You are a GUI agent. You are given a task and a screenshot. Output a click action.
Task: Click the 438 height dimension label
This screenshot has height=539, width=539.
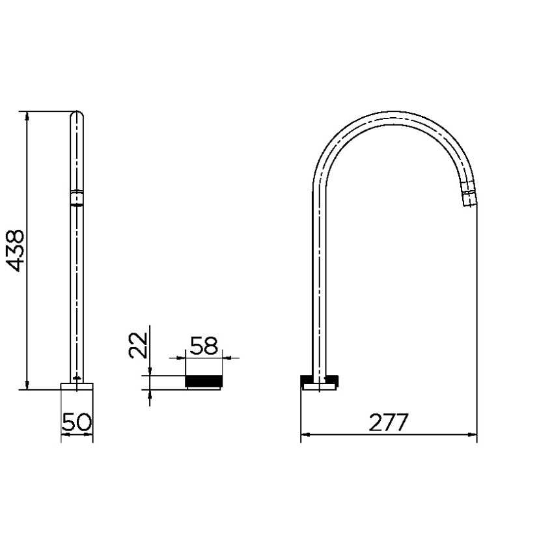pyautogui.click(x=16, y=251)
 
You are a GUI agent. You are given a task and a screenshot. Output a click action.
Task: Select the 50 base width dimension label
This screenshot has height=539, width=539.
pyautogui.click(x=77, y=422)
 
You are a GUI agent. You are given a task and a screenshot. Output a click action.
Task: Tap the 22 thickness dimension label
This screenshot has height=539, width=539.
pyautogui.click(x=138, y=345)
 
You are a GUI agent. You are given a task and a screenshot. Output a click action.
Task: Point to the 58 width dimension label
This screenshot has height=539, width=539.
pyautogui.click(x=204, y=346)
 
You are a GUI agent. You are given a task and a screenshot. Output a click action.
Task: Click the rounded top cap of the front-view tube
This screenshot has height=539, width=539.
pyautogui.click(x=77, y=115)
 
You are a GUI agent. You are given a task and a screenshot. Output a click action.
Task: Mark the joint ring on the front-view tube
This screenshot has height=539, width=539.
pyautogui.click(x=77, y=198)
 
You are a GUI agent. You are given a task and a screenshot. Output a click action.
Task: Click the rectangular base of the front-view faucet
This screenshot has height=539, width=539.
pyautogui.click(x=77, y=387)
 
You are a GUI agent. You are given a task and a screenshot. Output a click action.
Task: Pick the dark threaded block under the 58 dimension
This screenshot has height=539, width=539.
pyautogui.click(x=204, y=381)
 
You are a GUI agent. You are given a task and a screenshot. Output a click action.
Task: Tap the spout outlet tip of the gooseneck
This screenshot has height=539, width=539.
pyautogui.click(x=469, y=199)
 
